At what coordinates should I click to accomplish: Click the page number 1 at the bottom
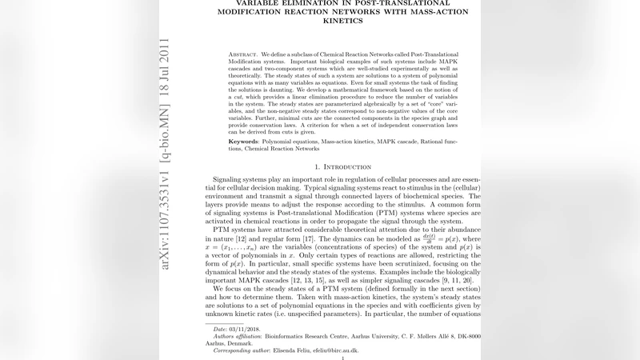[342, 358]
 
